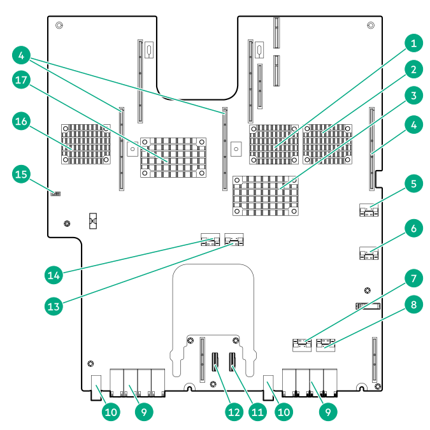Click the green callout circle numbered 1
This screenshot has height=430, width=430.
click(x=413, y=44)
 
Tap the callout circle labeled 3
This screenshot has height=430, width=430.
click(x=413, y=96)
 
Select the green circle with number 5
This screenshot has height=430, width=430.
click(x=413, y=185)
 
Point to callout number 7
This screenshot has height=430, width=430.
click(x=413, y=278)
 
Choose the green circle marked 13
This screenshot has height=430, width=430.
click(x=55, y=306)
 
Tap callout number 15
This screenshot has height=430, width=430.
click(x=22, y=173)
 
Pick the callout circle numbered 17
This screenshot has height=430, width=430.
click(x=22, y=80)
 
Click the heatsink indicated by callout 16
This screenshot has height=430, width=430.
click(x=85, y=144)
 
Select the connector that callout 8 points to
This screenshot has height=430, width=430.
click(x=326, y=345)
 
